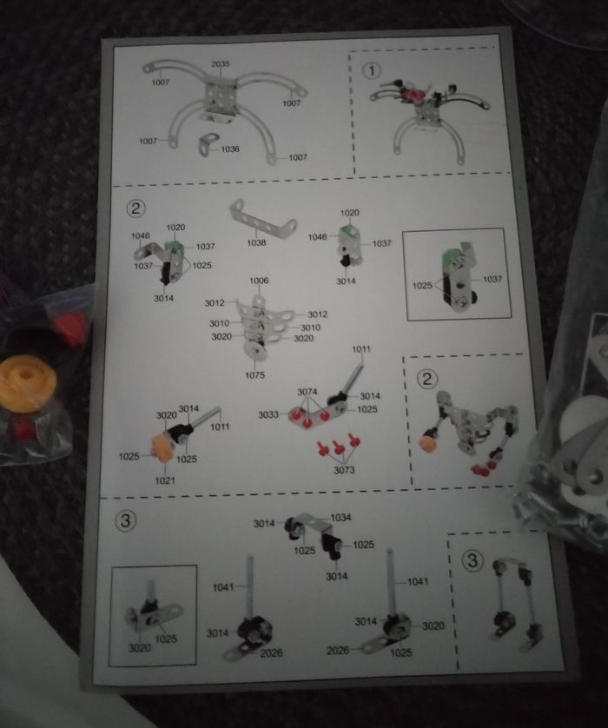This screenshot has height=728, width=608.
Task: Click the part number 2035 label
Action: click(x=220, y=64)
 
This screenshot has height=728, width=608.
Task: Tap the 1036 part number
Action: click(x=230, y=149)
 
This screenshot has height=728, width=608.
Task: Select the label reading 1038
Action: click(x=256, y=242)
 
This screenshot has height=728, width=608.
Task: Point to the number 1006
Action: click(x=259, y=281)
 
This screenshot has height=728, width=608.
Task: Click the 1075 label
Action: click(x=254, y=374)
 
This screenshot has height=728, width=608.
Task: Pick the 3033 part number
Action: click(x=268, y=414)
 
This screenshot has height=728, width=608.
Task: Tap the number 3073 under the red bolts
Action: click(x=344, y=470)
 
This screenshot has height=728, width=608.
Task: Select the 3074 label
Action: click(x=307, y=393)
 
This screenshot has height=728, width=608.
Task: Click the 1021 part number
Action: click(x=165, y=480)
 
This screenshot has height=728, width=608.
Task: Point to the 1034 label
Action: click(x=340, y=517)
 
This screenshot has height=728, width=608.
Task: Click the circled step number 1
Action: click(x=371, y=70)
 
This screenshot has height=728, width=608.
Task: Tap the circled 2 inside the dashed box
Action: click(x=427, y=379)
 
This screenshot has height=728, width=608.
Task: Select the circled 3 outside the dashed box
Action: click(x=126, y=520)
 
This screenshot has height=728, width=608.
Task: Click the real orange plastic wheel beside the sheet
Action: click(x=27, y=383)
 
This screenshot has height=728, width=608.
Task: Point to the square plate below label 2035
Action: click(x=221, y=96)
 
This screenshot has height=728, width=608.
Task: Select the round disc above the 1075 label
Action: click(x=255, y=352)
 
